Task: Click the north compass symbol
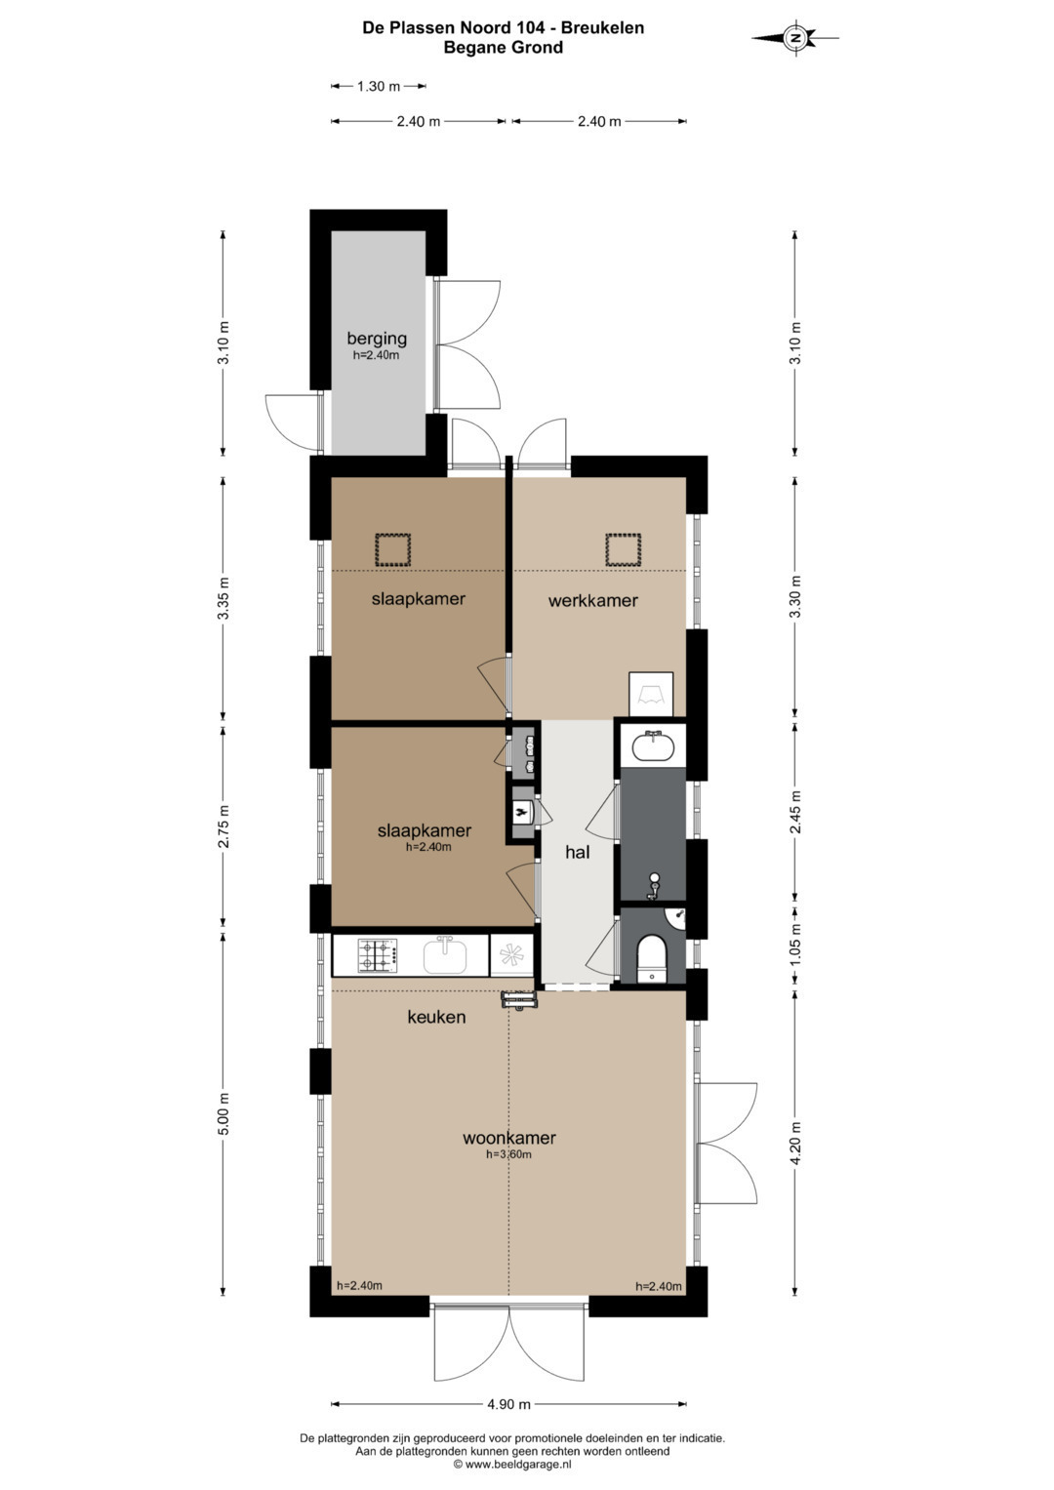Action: (795, 37)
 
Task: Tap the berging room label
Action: (377, 338)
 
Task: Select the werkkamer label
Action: (593, 601)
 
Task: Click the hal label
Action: (578, 852)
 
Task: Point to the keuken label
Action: (436, 1017)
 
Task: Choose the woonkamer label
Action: (509, 1138)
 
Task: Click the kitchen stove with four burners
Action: (379, 955)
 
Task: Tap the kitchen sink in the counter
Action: (445, 954)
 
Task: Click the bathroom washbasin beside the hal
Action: (652, 745)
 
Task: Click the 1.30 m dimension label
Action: (379, 86)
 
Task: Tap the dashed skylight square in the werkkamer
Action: (623, 550)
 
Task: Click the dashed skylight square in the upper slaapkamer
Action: (392, 550)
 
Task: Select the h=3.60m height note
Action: (509, 1154)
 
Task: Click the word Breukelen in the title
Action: (603, 28)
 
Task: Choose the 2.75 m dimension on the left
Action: (223, 826)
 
